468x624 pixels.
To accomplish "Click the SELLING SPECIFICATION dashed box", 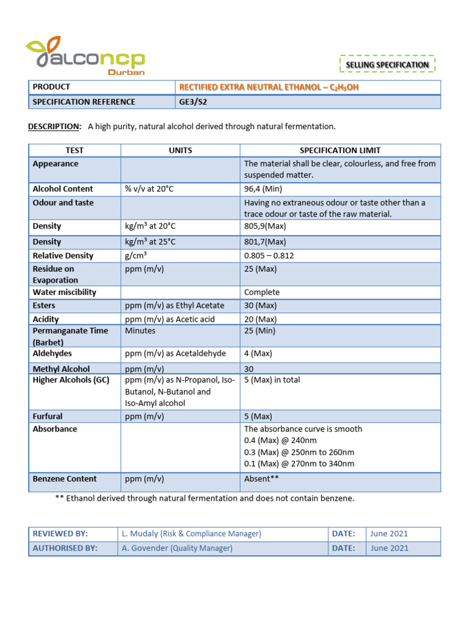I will tap(387, 65).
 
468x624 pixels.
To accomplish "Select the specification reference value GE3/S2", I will tap(193, 102).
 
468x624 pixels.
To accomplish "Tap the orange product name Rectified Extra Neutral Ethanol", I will tap(269, 87).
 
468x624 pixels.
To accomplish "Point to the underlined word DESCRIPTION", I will tap(54, 126).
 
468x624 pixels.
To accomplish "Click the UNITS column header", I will tap(180, 151).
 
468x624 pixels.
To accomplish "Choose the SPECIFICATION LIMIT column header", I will tap(339, 151).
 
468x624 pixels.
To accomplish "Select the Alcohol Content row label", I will tap(63, 189).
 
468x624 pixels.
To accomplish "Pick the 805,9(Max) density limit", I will tap(265, 226).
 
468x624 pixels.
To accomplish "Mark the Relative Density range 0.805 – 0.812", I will tap(269, 256).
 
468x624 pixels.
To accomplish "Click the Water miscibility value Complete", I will tap(262, 292).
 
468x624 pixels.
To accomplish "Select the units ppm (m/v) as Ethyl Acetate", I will tap(174, 305).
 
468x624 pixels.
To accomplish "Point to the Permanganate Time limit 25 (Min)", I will tap(260, 331).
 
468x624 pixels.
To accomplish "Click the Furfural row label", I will tap(48, 416).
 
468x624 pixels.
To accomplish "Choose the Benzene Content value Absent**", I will tap(261, 479).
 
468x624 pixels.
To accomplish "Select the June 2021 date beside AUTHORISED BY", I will tap(389, 548).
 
